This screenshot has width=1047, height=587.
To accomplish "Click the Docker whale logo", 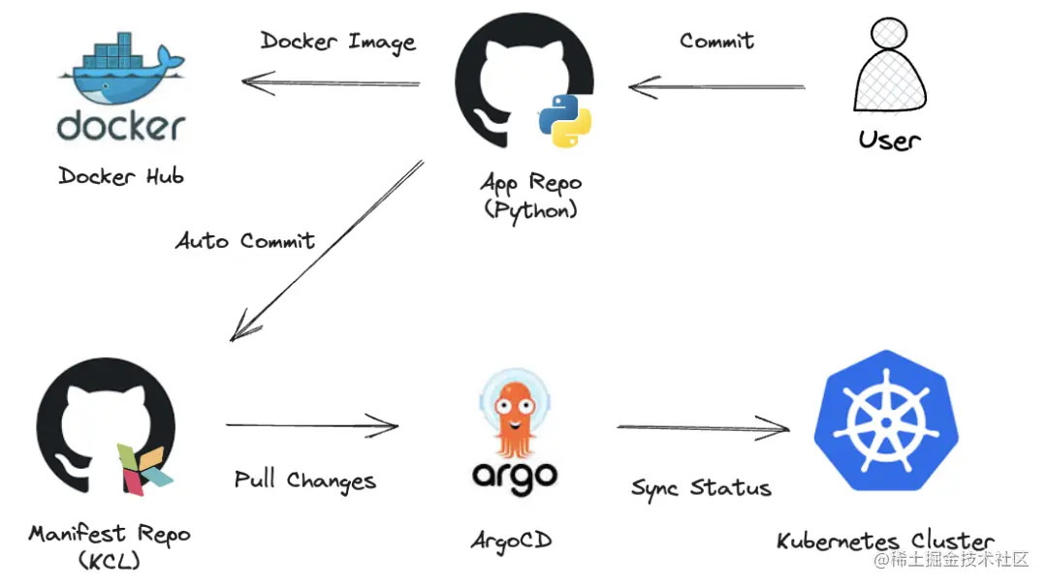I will click(x=121, y=73).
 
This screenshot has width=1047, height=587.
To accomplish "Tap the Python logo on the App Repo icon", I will click(x=564, y=120).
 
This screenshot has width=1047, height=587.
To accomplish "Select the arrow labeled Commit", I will click(x=716, y=87).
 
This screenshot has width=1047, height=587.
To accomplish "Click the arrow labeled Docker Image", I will click(x=331, y=83).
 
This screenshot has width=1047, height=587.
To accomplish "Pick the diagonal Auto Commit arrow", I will click(x=326, y=252).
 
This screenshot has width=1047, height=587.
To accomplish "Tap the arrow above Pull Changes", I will click(x=312, y=424).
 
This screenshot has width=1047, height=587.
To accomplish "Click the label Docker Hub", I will click(x=121, y=175).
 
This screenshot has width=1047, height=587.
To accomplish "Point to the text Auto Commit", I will click(x=245, y=240).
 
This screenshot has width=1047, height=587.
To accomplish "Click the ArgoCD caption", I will click(x=512, y=541).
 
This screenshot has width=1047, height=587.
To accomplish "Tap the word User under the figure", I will click(x=889, y=139).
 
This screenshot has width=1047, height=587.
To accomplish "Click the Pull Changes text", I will click(x=305, y=480).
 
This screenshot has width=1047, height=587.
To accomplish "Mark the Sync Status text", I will click(x=702, y=487).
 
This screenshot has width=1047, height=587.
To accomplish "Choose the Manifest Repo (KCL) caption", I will click(x=109, y=544).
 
